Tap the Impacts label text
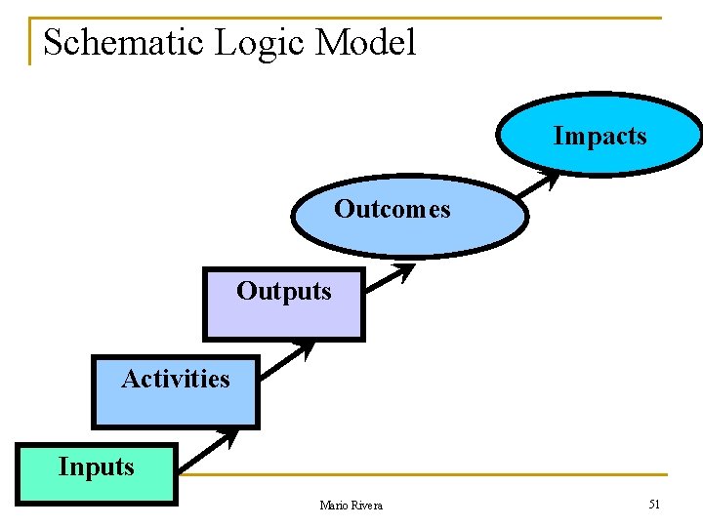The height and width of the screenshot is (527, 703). click(600, 136)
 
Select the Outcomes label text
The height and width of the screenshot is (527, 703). click(393, 209)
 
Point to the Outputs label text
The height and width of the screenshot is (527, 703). click(283, 291)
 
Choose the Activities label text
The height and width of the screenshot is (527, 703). click(176, 379)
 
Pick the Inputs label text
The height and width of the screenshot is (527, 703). click(96, 466)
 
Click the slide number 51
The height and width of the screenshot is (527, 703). click(653, 504)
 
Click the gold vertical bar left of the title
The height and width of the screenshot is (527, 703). click(30, 41)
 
